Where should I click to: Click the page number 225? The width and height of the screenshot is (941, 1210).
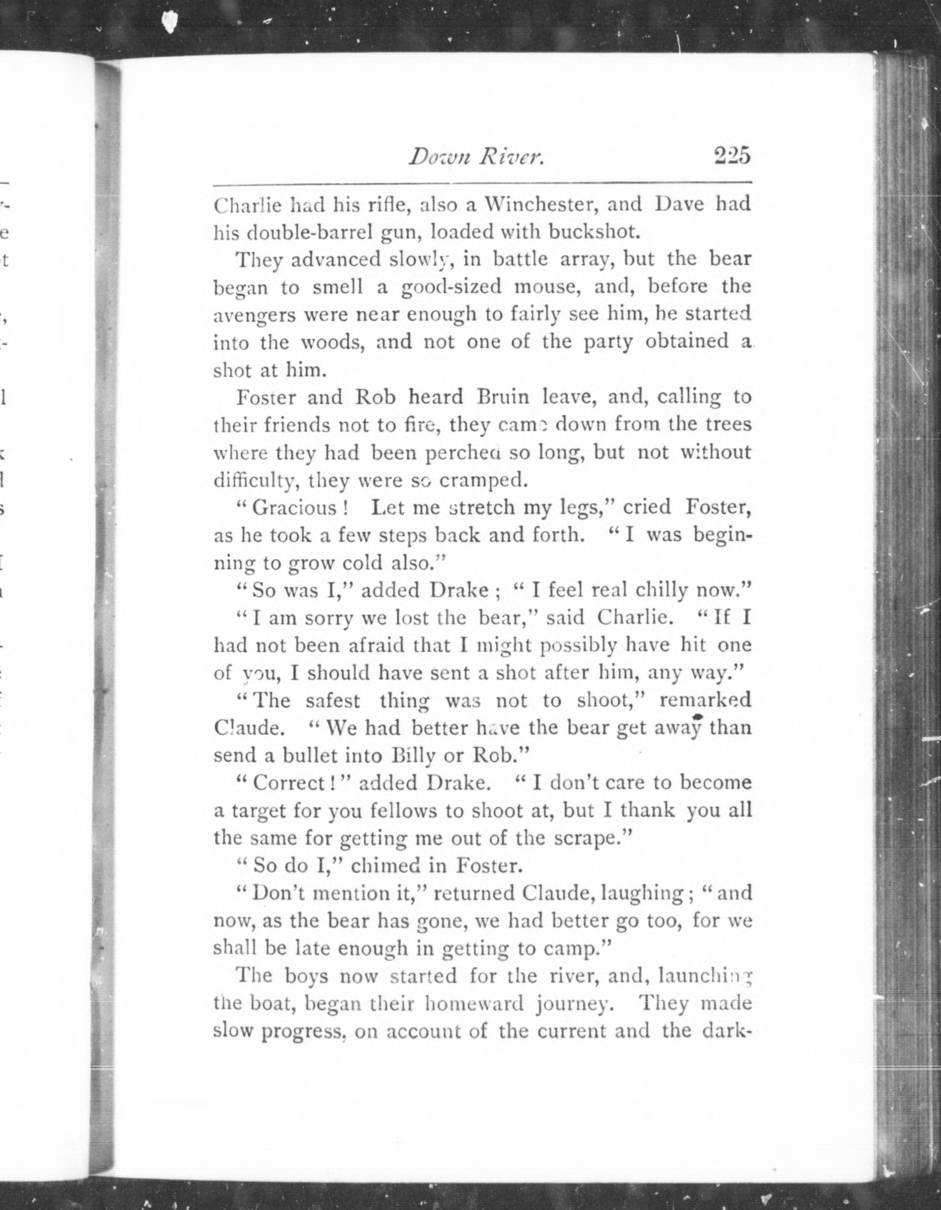[x=732, y=156]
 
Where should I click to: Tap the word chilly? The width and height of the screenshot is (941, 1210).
[x=661, y=591]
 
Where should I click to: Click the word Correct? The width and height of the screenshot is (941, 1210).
[x=289, y=783]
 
